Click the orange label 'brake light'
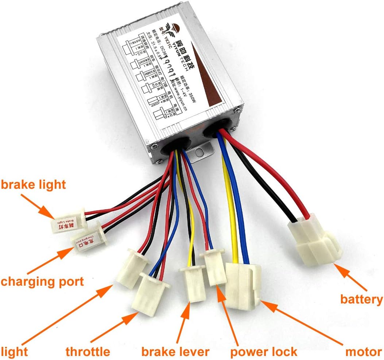tap(34, 184)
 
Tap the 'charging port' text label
tap(42, 281)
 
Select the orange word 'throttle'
tap(88, 352)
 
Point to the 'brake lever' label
tap(175, 352)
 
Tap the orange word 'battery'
tap(361, 300)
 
